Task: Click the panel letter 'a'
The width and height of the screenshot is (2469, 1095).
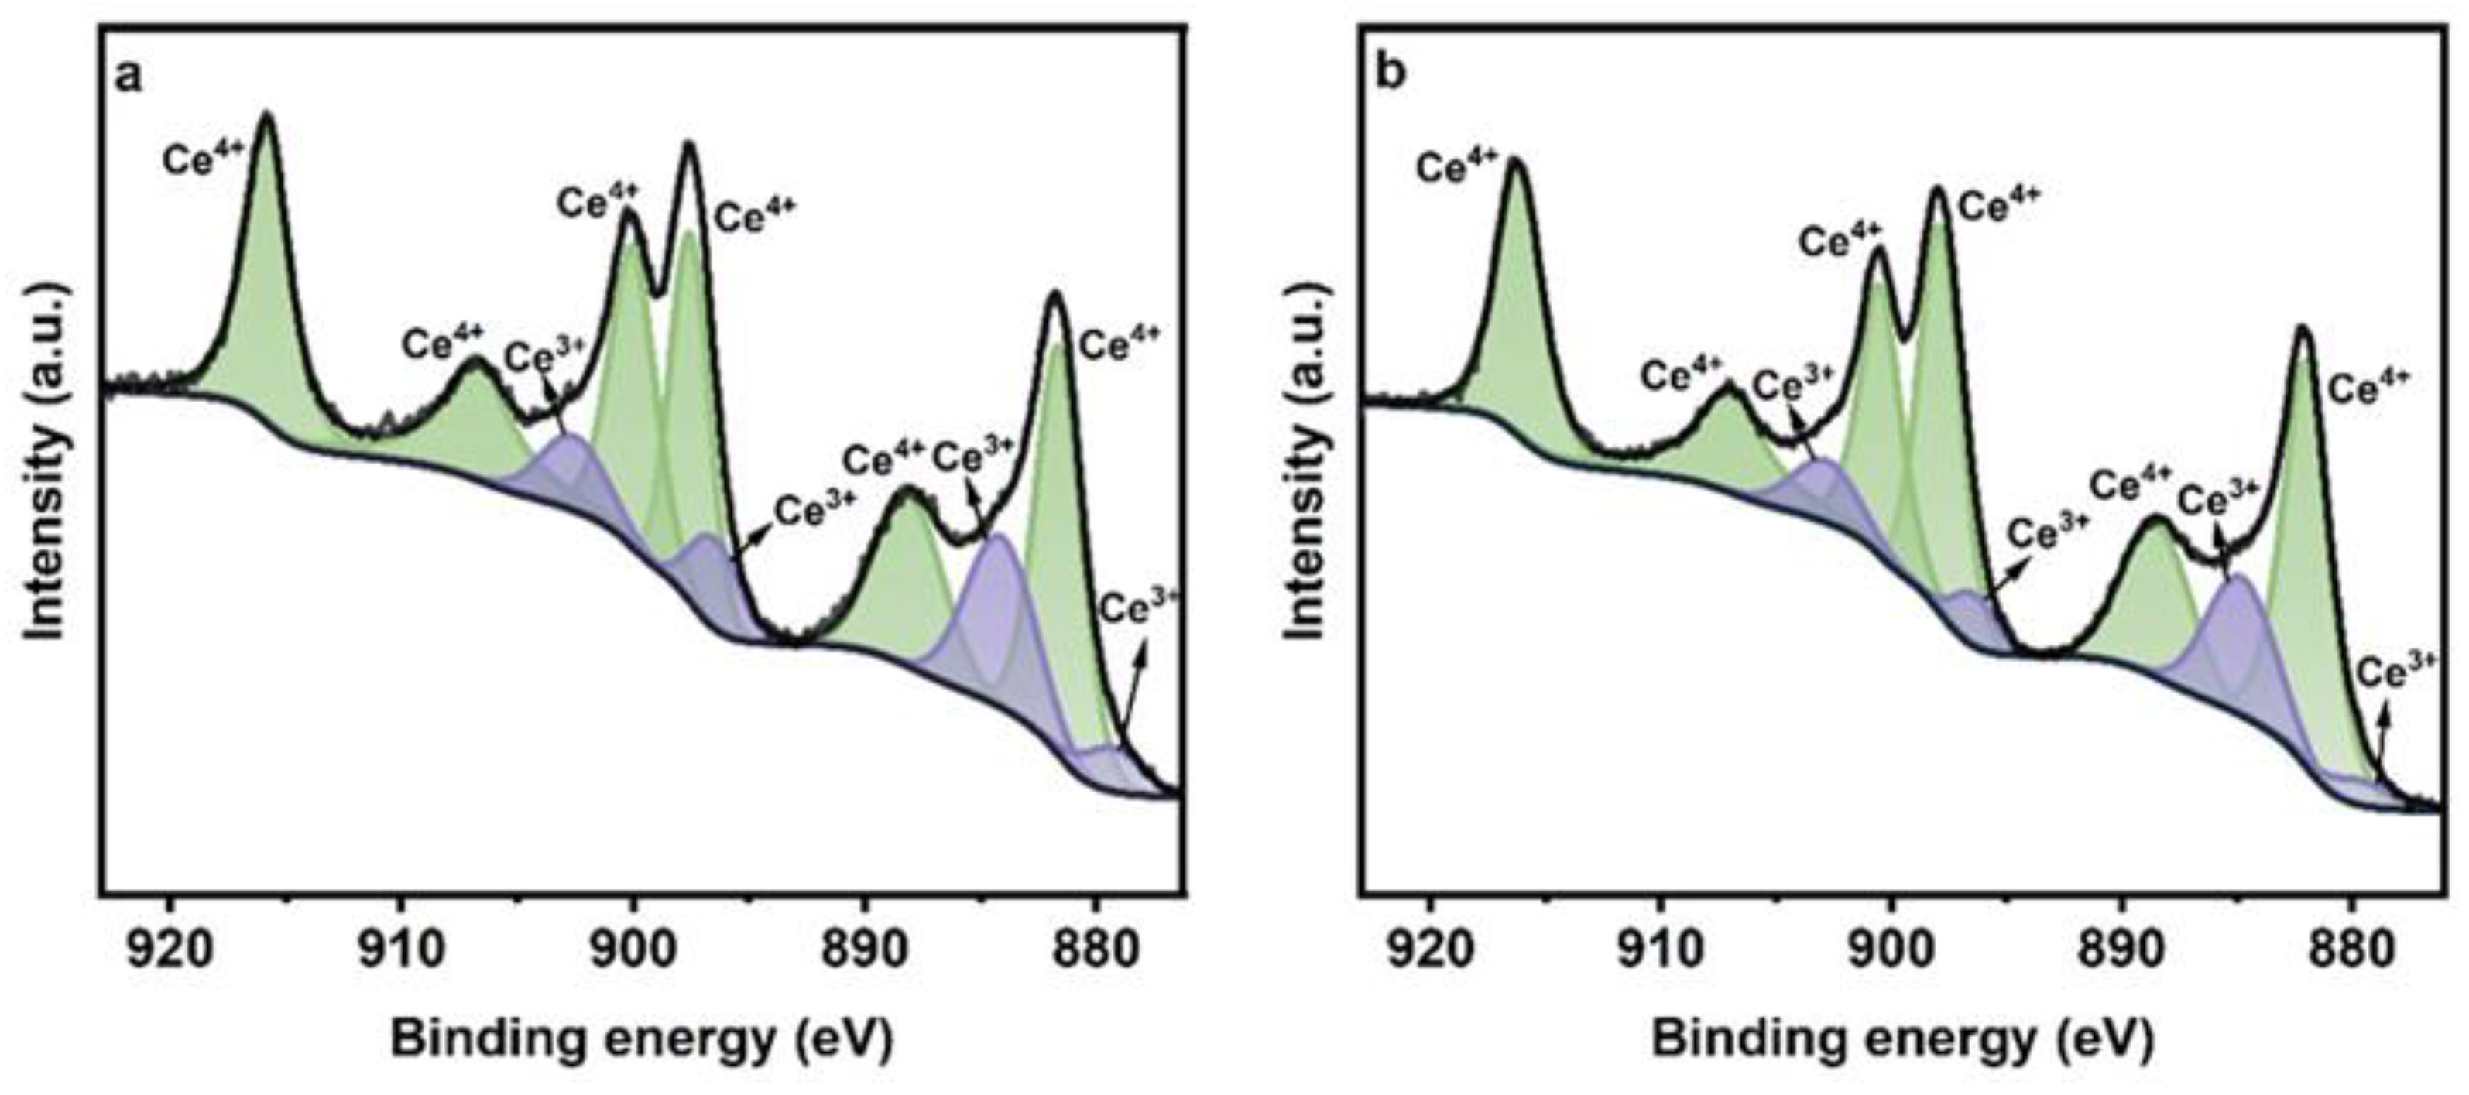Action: tap(129, 77)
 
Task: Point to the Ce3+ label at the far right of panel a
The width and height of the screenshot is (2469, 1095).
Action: tap(1137, 607)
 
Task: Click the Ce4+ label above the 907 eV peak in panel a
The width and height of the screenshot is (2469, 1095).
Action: tap(443, 341)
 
